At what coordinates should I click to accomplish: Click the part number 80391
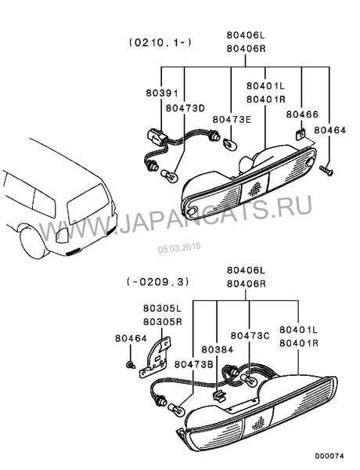point(162,93)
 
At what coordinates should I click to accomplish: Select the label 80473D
point(185,108)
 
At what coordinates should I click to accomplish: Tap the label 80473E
point(232,119)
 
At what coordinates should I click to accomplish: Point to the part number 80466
point(302,114)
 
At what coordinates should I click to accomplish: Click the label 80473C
point(250,336)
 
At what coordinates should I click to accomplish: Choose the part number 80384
point(218,349)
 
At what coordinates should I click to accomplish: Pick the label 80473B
point(194,364)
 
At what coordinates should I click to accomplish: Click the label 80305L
point(162,308)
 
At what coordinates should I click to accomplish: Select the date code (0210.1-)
point(160,42)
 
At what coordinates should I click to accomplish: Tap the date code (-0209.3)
point(158,282)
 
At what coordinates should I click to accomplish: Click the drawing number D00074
point(329,456)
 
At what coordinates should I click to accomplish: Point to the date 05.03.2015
point(179,248)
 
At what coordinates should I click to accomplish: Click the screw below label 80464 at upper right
point(326,171)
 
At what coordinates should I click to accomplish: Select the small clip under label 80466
point(300,135)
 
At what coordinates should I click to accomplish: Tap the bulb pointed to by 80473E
point(230,144)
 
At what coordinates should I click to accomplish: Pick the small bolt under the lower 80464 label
point(130,365)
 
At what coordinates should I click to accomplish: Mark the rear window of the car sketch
point(88,204)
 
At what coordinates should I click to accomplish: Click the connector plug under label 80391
point(156,137)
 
